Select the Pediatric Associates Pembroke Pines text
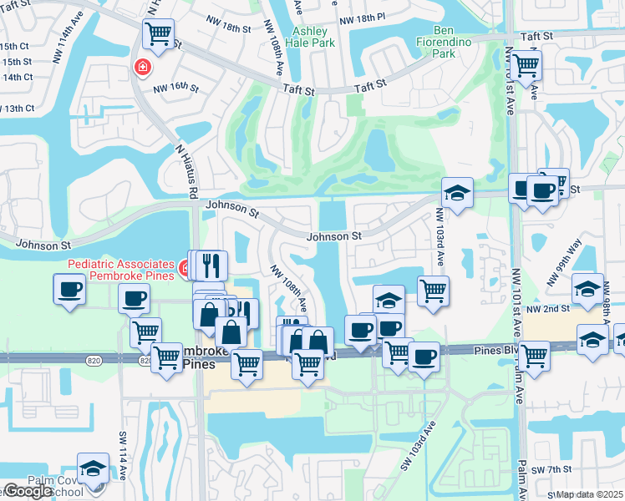pyautogui.click(x=120, y=270)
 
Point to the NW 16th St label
pyautogui.click(x=175, y=88)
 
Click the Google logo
pyautogui.click(x=28, y=491)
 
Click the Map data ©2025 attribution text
pyautogui.click(x=590, y=494)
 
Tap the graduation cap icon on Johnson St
pyautogui.click(x=457, y=193)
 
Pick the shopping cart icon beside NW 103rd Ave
pyautogui.click(x=433, y=291)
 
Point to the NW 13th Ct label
pyautogui.click(x=18, y=109)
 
